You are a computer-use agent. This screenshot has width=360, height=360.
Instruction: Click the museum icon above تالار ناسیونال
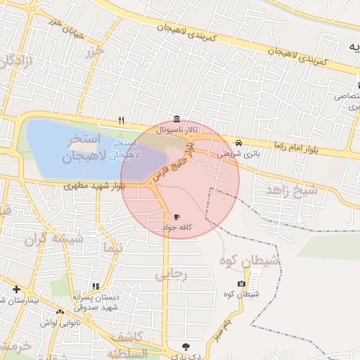[x=176, y=119]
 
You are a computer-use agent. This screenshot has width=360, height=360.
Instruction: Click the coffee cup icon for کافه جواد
[x=175, y=217]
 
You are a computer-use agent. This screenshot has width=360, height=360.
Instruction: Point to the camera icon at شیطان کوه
[x=242, y=283]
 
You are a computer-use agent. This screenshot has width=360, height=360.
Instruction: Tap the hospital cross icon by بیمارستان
[x=16, y=289]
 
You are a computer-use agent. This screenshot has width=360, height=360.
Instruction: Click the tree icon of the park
[x=186, y=346]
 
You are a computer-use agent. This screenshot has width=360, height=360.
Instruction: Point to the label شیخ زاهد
[x=285, y=191]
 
